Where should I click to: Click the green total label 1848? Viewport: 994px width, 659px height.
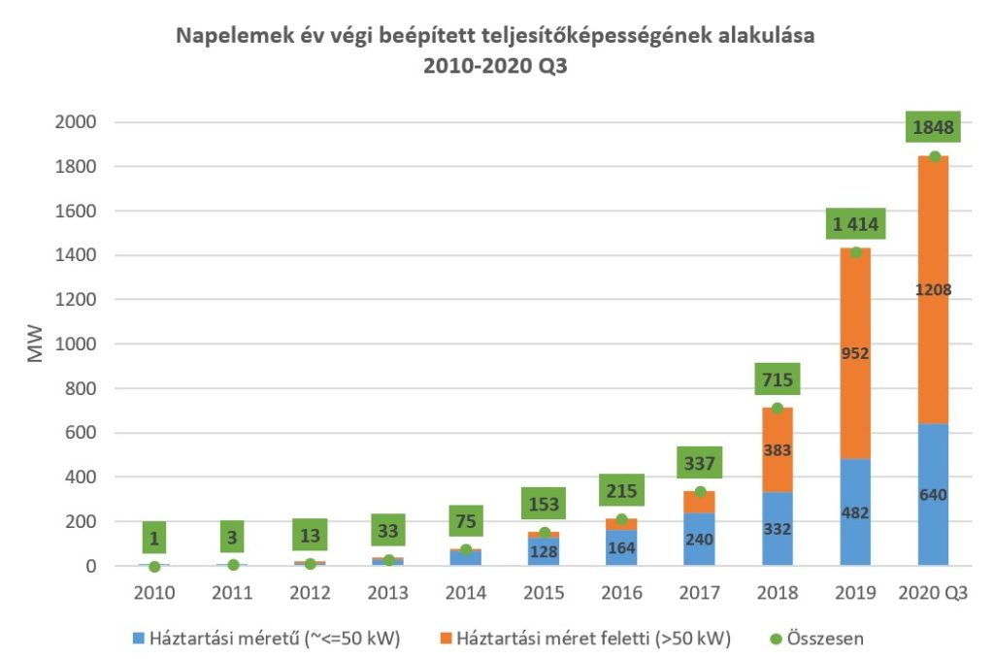click(933, 127)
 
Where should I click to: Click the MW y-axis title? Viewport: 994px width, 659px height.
click(37, 345)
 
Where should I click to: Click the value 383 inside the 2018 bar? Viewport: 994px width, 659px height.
click(777, 450)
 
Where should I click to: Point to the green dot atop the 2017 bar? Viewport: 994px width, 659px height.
click(700, 492)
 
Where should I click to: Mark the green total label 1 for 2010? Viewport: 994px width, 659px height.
click(154, 537)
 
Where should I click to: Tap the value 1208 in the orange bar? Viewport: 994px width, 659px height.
click(933, 288)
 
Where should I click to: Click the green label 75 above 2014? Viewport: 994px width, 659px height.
click(466, 522)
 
